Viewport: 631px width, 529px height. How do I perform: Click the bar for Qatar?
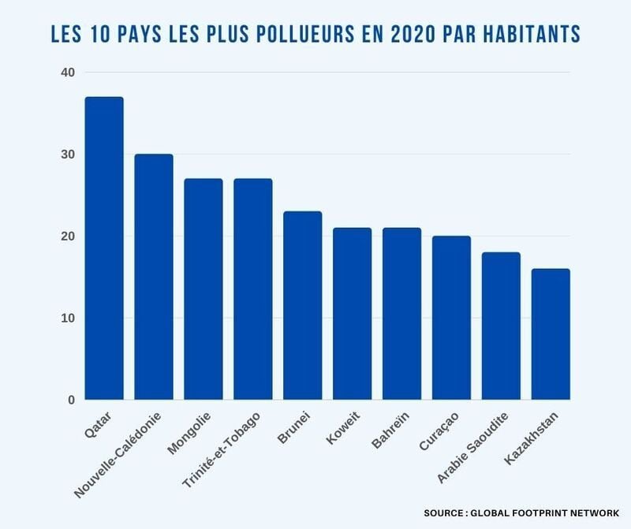[x=104, y=248]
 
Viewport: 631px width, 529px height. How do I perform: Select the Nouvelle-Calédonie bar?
[x=154, y=277]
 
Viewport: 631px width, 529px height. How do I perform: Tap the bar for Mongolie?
[x=203, y=289]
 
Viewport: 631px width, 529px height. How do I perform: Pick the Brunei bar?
[x=303, y=306]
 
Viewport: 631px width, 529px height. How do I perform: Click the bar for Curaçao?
[x=451, y=318]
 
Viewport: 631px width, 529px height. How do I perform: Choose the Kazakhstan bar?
[x=551, y=334]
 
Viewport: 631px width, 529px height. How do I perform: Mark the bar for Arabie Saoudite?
[x=501, y=326]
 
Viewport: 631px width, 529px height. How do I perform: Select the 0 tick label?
[x=71, y=400]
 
